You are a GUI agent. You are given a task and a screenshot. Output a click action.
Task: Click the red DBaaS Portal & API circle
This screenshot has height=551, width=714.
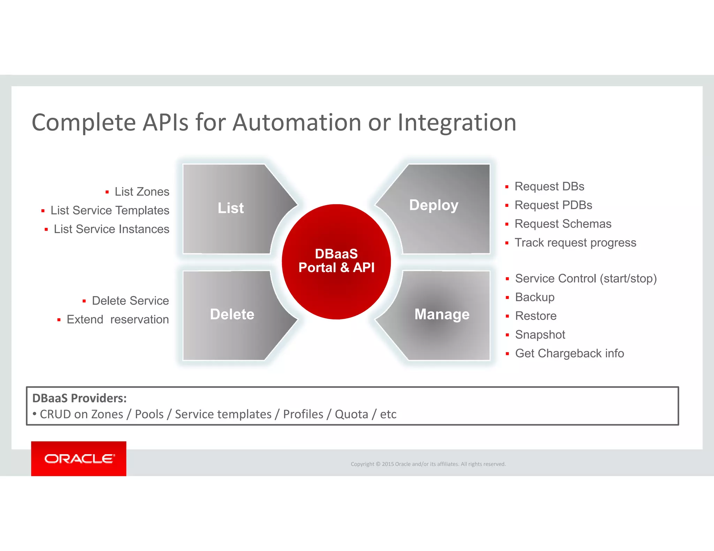point(336,261)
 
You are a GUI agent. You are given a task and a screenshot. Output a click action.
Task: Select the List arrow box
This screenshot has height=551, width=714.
point(231,208)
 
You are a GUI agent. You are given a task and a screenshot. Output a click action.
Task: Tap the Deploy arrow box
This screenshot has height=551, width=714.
point(434,205)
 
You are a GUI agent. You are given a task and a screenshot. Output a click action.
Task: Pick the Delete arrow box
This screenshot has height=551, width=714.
point(232,315)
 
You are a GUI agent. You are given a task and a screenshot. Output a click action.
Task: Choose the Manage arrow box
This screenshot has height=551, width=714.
point(442,315)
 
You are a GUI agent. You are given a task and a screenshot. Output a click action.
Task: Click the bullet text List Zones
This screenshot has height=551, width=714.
point(142,192)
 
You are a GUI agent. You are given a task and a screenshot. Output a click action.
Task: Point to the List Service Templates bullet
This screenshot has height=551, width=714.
point(109,210)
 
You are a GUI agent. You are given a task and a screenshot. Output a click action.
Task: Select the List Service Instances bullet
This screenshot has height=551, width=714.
point(111,229)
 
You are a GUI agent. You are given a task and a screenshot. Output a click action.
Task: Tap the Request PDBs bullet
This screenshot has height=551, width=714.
point(553,205)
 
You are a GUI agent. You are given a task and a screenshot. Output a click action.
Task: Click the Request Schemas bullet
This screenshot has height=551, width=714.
point(563,224)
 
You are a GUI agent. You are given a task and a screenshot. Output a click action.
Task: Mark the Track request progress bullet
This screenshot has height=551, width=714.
point(575,243)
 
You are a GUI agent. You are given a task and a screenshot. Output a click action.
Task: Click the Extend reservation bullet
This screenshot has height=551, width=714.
point(117,320)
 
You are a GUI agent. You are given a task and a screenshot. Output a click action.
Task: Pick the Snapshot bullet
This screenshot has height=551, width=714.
point(540,335)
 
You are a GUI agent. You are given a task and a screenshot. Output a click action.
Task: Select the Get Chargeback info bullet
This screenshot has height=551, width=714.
point(569,354)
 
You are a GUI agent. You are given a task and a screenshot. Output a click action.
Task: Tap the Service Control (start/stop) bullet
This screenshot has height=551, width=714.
point(586,279)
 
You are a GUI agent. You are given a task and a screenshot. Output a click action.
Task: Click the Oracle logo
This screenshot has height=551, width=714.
point(79,459)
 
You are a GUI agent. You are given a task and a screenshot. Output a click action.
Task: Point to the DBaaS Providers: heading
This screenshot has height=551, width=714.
point(79,398)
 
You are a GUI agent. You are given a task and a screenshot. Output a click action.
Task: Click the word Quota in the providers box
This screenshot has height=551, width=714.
point(351,414)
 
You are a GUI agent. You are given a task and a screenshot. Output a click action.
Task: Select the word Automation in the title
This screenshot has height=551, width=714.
point(297,123)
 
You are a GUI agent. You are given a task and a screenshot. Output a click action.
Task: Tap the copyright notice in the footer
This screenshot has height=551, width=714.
point(428,464)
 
